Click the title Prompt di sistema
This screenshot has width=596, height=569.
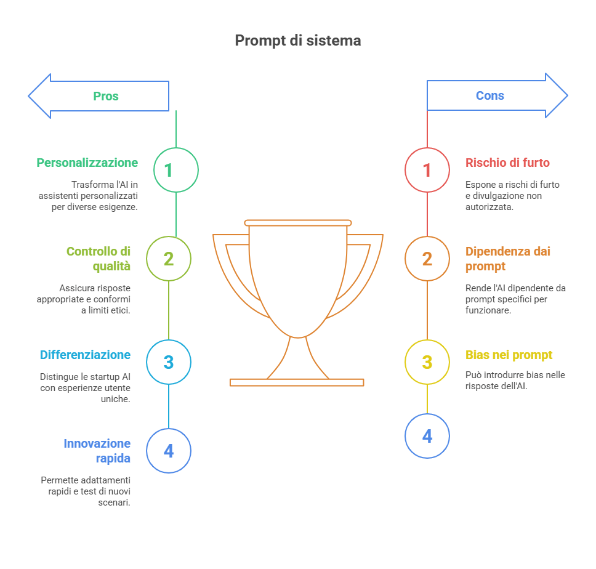pos(297,41)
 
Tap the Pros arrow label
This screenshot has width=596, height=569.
pos(106,96)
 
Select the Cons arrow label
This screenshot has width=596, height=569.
pos(490,95)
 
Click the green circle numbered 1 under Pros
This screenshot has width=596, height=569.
pos(176,170)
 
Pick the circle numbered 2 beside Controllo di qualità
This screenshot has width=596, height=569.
pos(169,259)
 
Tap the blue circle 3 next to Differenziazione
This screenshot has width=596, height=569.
pos(169,362)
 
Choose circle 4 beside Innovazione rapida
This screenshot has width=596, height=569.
pos(169,451)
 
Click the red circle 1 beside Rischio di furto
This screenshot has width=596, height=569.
pos(427,170)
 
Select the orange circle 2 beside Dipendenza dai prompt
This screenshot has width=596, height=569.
pos(427,259)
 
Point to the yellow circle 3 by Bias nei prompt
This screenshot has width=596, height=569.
pos(427,362)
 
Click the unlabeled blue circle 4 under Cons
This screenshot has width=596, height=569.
pos(427,436)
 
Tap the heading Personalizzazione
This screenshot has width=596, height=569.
pos(87,163)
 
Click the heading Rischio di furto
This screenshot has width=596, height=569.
pos(507,163)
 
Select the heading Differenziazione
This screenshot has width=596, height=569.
pos(85,355)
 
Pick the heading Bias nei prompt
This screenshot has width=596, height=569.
pos(509,355)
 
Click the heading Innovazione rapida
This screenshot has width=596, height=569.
pos(97,451)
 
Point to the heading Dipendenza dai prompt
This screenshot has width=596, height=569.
pos(507,259)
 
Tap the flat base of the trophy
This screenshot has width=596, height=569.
pos(297,382)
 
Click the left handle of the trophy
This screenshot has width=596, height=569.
pos(237,271)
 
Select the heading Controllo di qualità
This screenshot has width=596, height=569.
pos(99,259)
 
